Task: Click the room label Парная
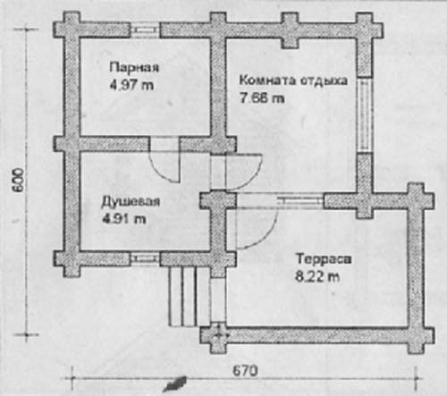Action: pos(134,68)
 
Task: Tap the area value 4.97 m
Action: pos(131,85)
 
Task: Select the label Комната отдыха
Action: pos(293,80)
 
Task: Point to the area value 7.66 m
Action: pos(262,97)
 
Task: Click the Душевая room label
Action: pos(131,201)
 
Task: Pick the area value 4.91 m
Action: pos(124,219)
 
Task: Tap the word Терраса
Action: pos(324,258)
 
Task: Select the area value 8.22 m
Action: pos(317,276)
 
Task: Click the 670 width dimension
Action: pos(245,371)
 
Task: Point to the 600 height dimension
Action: pos(19,181)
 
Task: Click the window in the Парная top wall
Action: pos(145,29)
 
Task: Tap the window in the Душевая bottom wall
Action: pos(145,258)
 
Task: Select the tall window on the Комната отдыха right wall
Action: pos(365,115)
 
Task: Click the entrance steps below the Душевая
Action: pos(182,296)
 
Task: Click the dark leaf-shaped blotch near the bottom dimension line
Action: pos(175,384)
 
